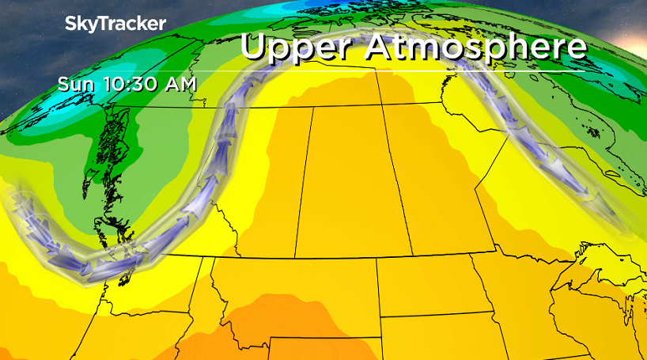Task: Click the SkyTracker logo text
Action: click(115, 24)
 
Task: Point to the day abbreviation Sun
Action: click(73, 83)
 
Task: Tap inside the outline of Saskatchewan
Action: click(344, 182)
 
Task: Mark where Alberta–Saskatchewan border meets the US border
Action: click(295, 257)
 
